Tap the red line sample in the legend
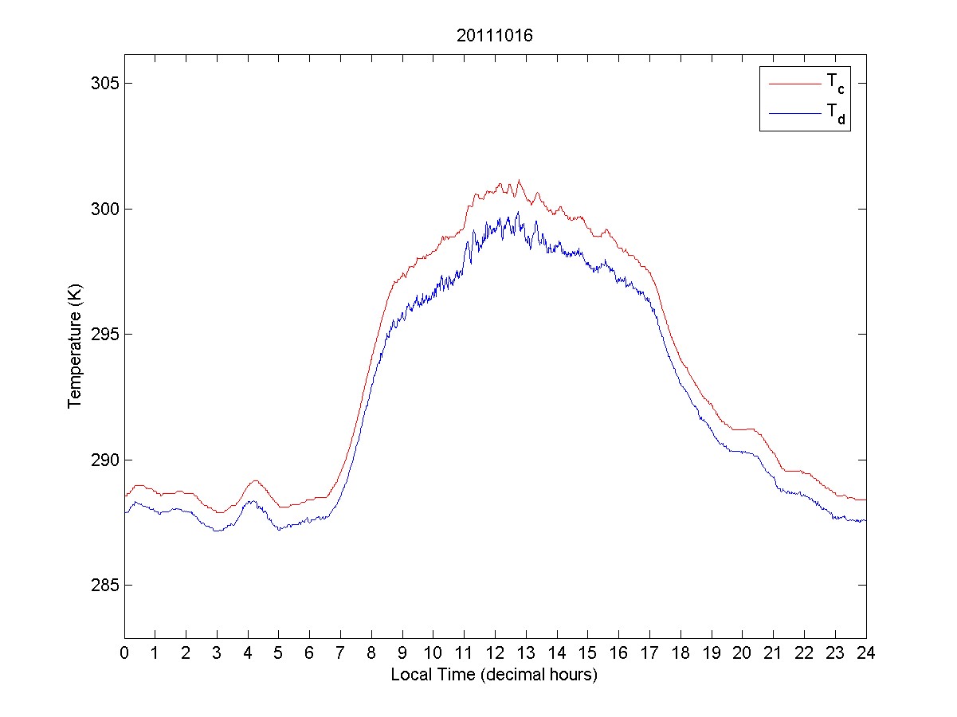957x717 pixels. click(x=794, y=82)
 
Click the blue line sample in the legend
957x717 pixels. click(x=794, y=115)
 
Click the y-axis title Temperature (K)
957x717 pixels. click(x=74, y=346)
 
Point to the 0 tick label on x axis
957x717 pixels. click(x=124, y=652)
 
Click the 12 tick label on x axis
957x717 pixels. click(x=495, y=652)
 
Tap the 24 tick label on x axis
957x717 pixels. click(x=865, y=652)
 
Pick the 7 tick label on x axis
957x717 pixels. click(x=340, y=652)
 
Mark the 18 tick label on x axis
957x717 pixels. click(x=680, y=652)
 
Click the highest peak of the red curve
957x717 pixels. click(x=519, y=181)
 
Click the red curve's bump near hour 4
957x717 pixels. click(x=255, y=480)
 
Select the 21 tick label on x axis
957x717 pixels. click(x=773, y=652)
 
